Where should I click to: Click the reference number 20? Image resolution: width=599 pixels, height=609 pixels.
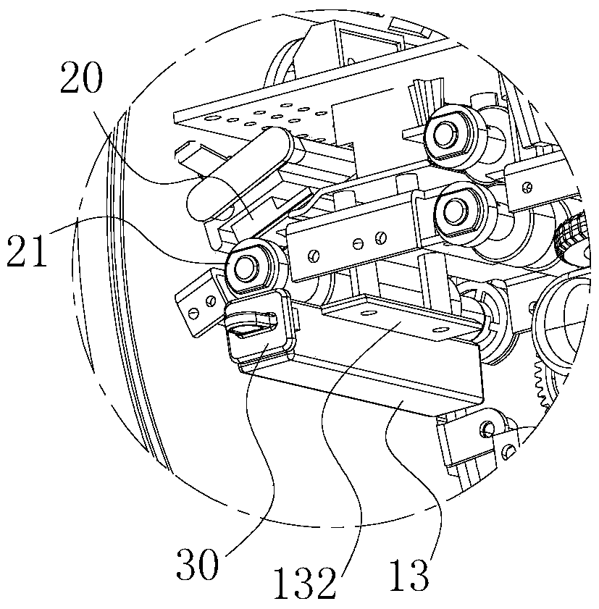[x=82, y=77]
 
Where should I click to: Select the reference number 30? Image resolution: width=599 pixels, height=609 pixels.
[x=197, y=564]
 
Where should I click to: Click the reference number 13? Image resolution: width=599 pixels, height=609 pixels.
[x=409, y=575]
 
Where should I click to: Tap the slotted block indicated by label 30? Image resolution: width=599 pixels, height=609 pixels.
[x=259, y=327]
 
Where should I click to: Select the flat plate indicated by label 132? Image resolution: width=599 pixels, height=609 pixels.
[x=400, y=318]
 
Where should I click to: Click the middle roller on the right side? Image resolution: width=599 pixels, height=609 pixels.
[x=464, y=213]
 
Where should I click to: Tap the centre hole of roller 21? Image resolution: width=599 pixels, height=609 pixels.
[x=245, y=267]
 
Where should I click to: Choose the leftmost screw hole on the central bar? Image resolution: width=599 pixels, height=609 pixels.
[x=314, y=256]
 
